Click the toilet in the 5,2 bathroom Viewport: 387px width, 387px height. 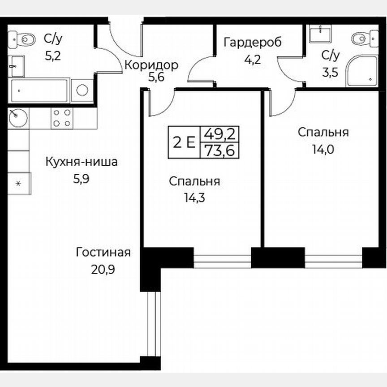(25, 39)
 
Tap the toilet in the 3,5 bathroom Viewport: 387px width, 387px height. (361, 39)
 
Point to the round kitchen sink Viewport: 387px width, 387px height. (18, 118)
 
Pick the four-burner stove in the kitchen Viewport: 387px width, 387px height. (62, 118)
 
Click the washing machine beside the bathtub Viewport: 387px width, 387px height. (82, 90)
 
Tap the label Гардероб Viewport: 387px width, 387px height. (253, 43)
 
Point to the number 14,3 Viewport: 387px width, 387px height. (194, 198)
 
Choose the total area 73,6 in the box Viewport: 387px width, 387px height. (219, 151)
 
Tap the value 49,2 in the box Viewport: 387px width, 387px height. (219, 134)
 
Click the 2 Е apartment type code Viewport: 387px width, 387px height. (184, 142)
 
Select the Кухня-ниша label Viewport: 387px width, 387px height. (82, 162)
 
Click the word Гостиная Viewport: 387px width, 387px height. (103, 252)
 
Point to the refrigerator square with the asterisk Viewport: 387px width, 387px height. (19, 183)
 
